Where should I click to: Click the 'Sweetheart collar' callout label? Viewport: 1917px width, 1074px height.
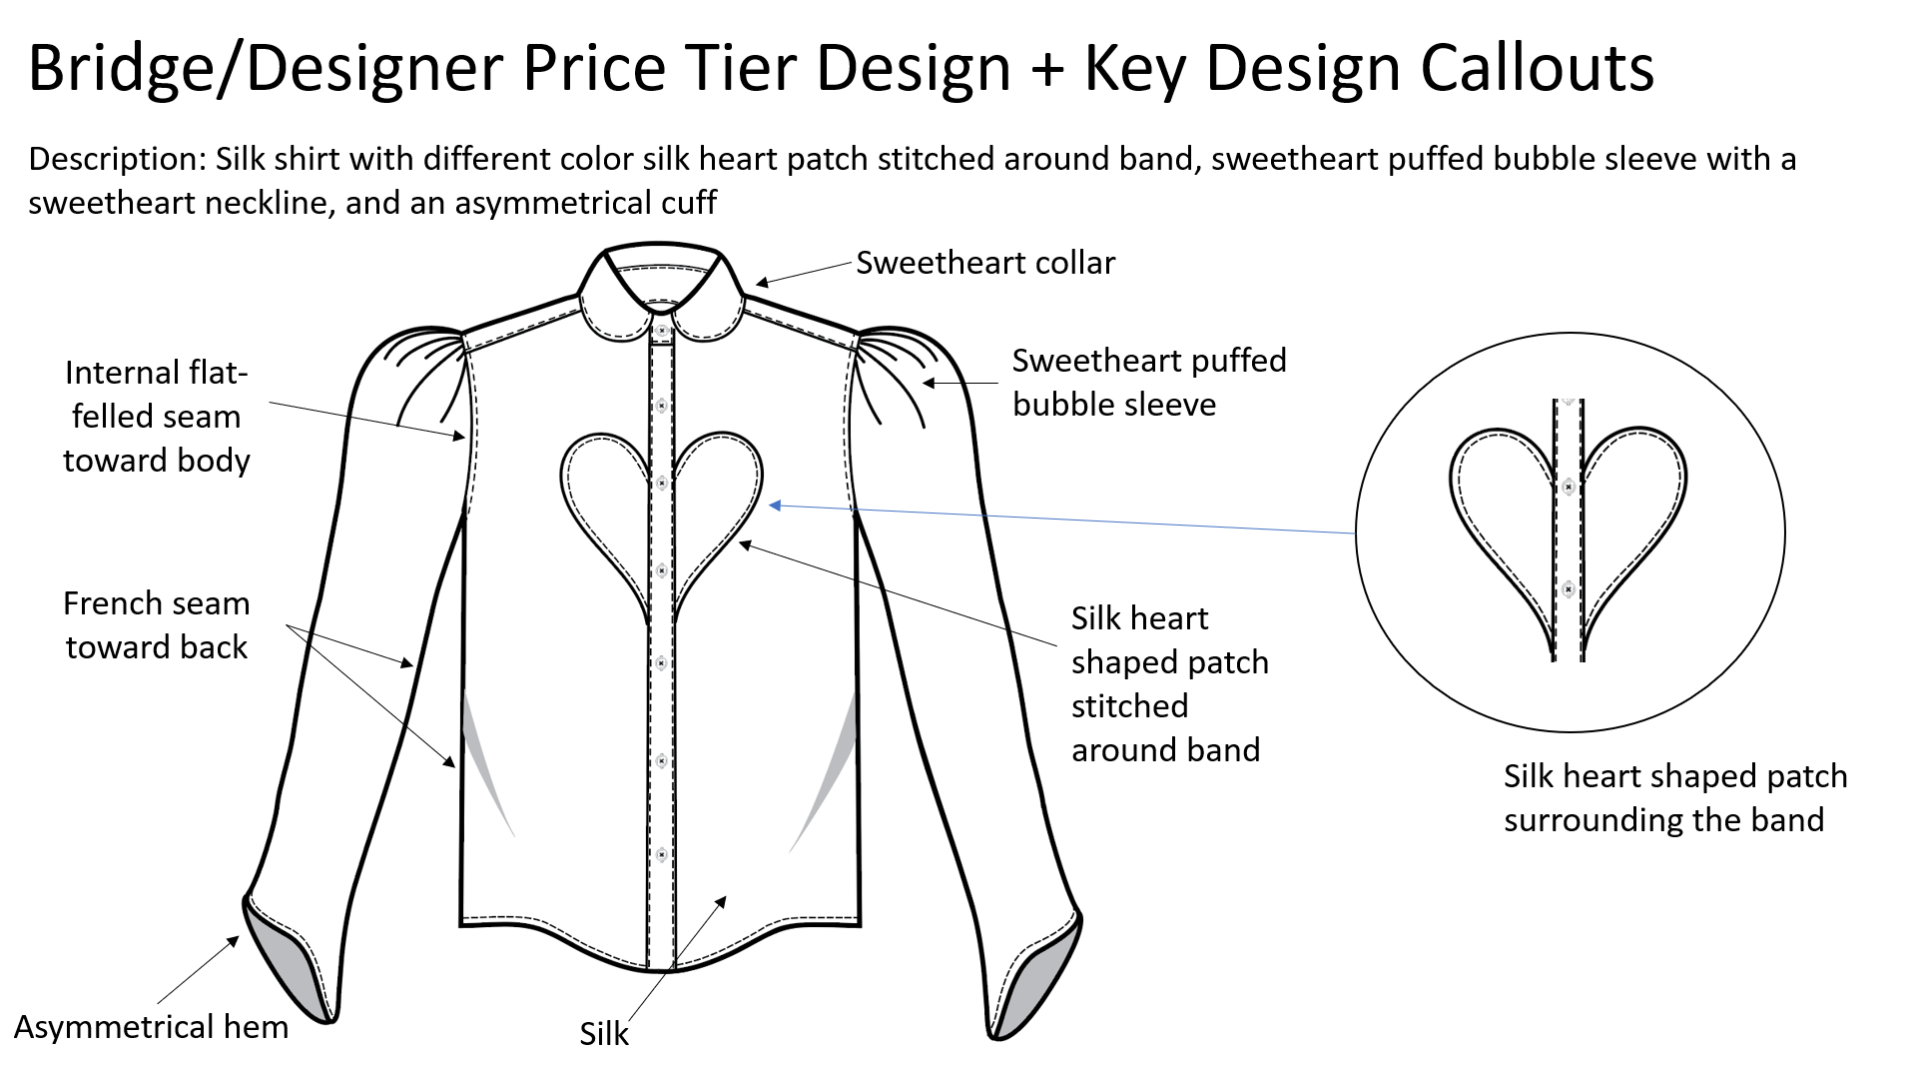984,263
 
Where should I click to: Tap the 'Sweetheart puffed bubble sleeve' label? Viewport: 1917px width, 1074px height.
1148,382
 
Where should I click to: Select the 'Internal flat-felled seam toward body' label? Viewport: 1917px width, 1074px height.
157,417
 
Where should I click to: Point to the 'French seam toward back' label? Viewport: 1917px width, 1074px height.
157,625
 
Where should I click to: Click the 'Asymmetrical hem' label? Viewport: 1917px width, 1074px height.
151,1027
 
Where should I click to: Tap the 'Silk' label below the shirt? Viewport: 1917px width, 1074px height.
604,1034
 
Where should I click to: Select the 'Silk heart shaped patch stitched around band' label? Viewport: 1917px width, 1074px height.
1168,684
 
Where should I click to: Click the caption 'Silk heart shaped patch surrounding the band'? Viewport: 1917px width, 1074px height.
1674,797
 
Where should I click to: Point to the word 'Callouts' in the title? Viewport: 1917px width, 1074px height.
1537,68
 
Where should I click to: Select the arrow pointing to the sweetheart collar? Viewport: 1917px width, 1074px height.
804,274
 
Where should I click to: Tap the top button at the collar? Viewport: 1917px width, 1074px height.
661,330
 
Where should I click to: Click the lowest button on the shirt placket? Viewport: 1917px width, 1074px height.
661,855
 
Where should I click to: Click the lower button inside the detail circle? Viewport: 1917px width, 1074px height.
1569,589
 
